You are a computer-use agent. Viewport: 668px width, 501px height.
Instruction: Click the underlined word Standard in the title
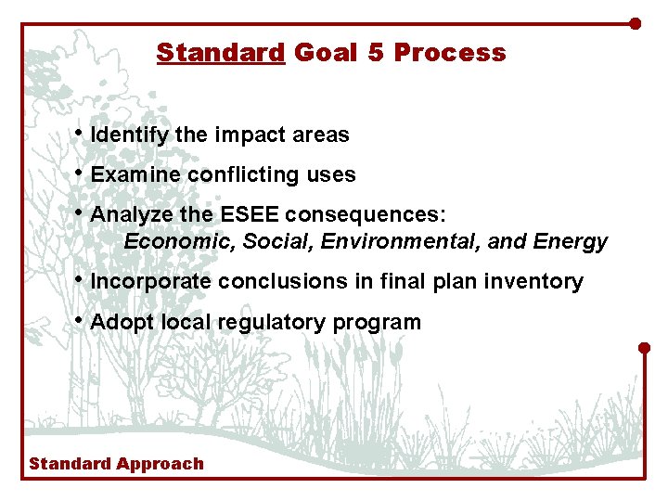tap(220, 53)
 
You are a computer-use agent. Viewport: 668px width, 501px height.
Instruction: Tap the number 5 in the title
tap(375, 53)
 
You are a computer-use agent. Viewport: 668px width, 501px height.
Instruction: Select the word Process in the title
tap(450, 53)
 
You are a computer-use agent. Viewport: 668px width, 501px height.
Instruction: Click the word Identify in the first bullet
tap(129, 135)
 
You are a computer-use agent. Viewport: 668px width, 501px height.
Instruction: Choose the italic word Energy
tap(571, 243)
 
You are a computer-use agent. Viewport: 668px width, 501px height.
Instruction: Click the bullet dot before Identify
tap(82, 134)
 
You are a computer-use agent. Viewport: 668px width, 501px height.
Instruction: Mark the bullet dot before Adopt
tap(82, 321)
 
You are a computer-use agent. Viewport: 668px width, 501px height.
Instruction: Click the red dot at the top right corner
tap(636, 23)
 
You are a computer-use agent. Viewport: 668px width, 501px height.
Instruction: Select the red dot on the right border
tap(645, 348)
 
